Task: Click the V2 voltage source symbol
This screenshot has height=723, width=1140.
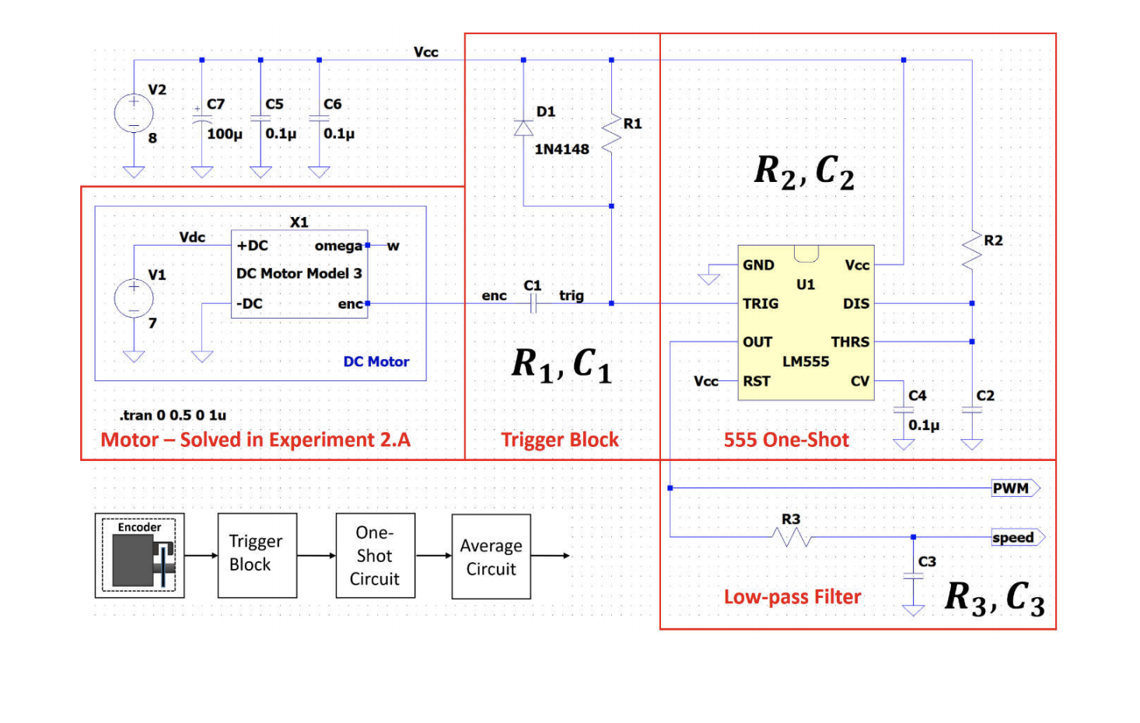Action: tap(134, 114)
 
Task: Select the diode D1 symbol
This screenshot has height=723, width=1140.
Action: tap(523, 128)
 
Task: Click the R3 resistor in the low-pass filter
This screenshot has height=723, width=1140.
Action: tap(792, 536)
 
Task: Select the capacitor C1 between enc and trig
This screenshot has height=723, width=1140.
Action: tap(533, 303)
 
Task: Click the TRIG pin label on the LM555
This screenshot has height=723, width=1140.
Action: tap(760, 303)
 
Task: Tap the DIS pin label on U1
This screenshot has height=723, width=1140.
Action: tap(855, 303)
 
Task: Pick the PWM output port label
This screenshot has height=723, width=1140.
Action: tap(1013, 488)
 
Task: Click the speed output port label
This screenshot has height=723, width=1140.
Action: tap(1015, 537)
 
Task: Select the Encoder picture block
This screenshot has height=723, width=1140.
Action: tap(140, 555)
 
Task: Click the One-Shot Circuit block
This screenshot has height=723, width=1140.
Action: tap(375, 555)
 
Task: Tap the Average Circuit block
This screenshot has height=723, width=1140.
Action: tap(491, 557)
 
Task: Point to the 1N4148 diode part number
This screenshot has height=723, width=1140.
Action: tap(561, 149)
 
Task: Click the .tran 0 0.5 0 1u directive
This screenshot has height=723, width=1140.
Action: tap(173, 415)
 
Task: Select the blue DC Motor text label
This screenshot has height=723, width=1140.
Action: tap(376, 361)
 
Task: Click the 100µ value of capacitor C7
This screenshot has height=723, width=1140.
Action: tap(224, 134)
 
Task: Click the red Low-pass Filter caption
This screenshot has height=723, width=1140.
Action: tap(792, 597)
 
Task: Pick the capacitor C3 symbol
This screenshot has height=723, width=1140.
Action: tap(914, 576)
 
